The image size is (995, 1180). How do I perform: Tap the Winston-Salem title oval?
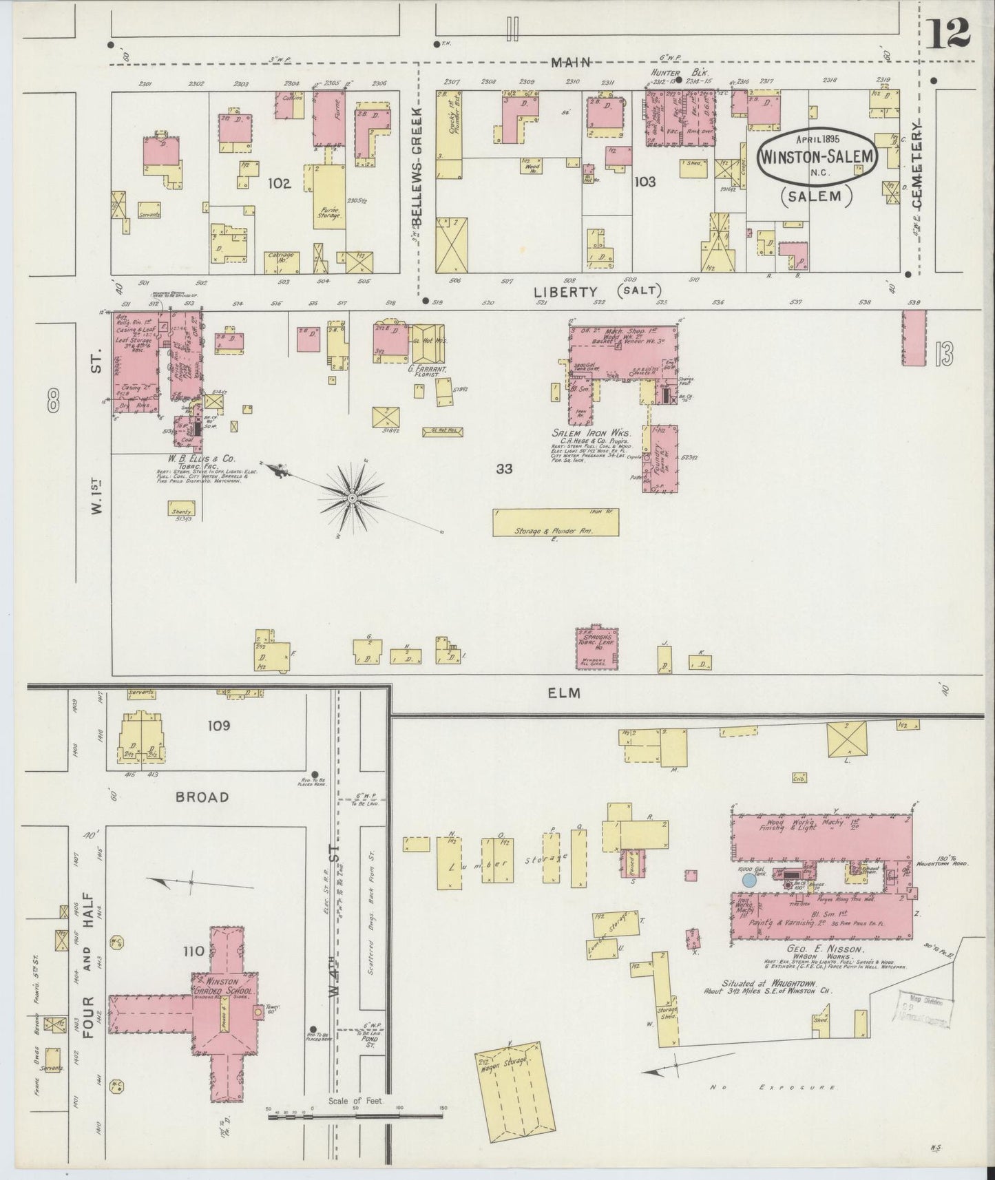coord(817,156)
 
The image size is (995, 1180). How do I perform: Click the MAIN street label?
coord(571,62)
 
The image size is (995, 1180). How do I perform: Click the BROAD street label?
coord(202,797)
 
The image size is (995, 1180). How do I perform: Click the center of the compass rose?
coord(352,497)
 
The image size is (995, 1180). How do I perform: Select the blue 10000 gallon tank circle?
coord(749,879)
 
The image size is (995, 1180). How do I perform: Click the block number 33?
coord(505,469)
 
